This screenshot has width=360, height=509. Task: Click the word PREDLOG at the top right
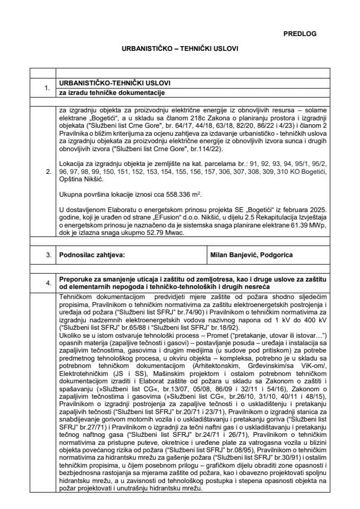point(300,33)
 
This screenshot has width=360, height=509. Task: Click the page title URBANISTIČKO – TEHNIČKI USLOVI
point(180,48)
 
